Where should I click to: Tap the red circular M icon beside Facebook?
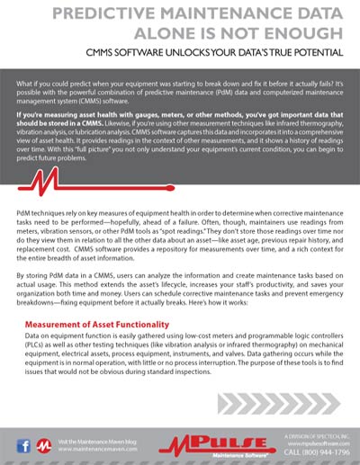pos(41,443)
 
